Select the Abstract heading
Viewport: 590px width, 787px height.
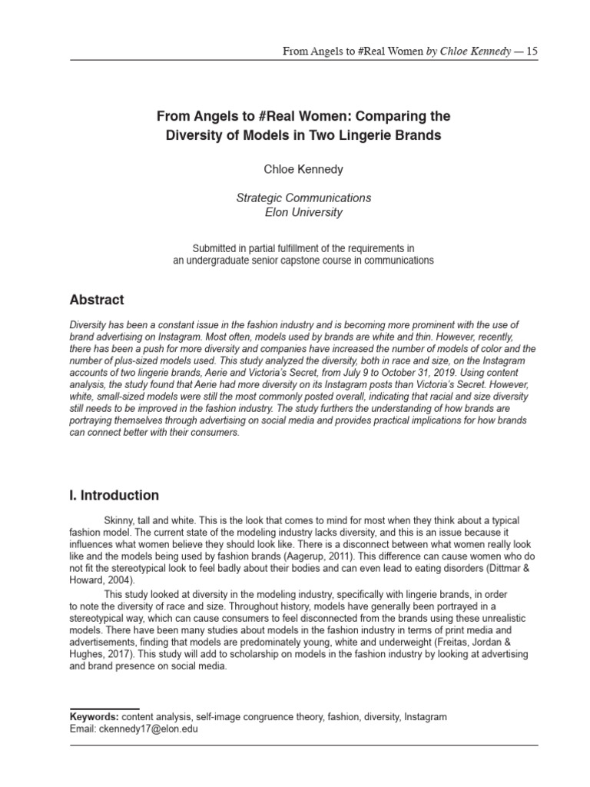pyautogui.click(x=97, y=300)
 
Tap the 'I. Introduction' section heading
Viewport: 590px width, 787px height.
pyautogui.click(x=114, y=495)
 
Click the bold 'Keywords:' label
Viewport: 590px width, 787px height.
pyautogui.click(x=94, y=716)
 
